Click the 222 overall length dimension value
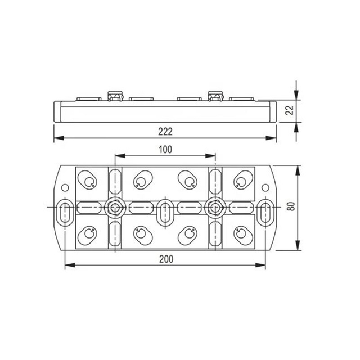[x=164, y=131]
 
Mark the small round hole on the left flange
[x=65, y=187]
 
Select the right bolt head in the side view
[x=214, y=96]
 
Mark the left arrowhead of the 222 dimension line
[x=57, y=138]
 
